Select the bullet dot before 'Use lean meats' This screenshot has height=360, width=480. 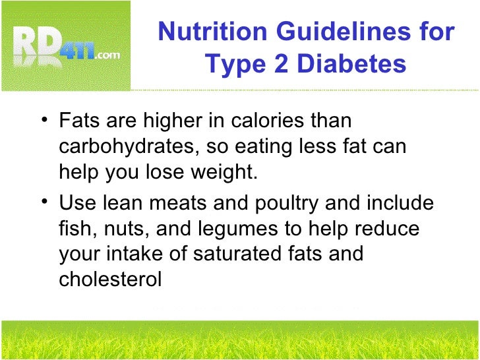(44, 202)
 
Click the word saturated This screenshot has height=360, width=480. (240, 254)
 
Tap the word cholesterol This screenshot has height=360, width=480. (110, 279)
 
